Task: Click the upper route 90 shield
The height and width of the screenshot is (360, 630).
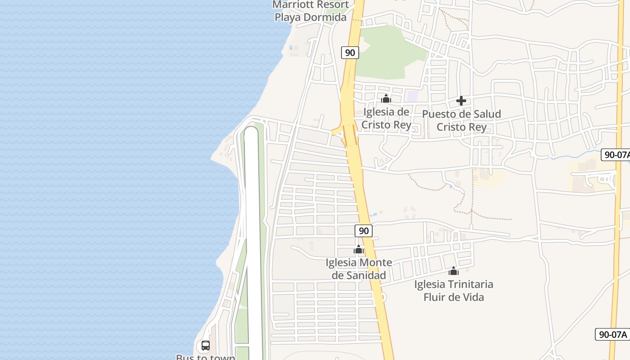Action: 350,53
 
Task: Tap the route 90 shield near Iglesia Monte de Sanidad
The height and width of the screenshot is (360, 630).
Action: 364,231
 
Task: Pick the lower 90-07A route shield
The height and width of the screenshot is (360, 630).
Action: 612,334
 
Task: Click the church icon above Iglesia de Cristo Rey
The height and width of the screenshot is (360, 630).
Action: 386,99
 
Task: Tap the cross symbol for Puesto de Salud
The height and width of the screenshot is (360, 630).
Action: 461,101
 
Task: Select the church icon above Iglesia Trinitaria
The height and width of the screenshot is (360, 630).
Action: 454,271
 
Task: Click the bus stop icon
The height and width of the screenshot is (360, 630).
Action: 205,346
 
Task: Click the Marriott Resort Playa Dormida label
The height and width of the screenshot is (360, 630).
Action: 311,11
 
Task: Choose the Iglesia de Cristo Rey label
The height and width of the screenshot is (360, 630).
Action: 387,118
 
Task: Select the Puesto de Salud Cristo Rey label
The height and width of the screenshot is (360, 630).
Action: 462,121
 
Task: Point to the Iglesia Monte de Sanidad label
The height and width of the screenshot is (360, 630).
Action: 359,269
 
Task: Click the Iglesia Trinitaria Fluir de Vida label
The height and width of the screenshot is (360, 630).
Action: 454,291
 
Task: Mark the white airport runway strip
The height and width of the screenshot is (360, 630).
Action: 252,225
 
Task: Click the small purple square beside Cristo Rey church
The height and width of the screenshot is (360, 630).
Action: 412,96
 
